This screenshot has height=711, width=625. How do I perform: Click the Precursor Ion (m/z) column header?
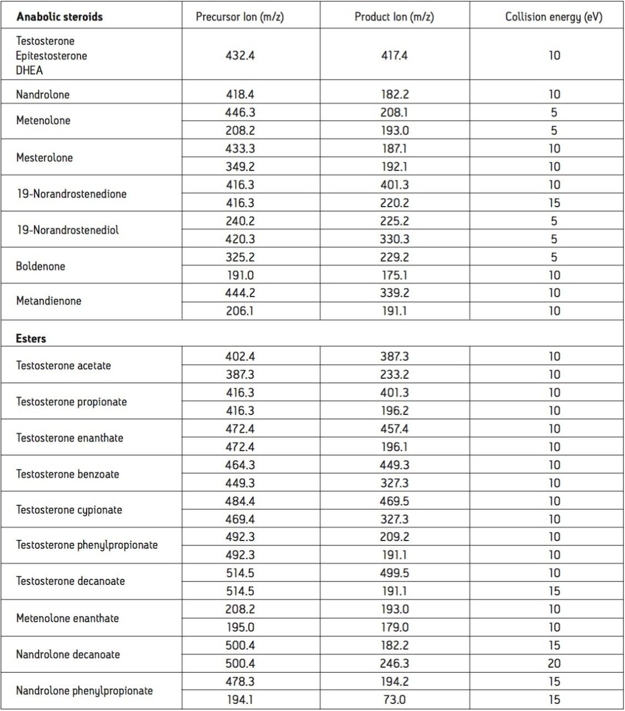[x=240, y=17]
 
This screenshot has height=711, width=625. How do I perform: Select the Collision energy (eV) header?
[x=553, y=17]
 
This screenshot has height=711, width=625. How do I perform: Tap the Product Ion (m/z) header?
[x=394, y=17]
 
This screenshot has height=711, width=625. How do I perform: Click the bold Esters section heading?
[x=31, y=339]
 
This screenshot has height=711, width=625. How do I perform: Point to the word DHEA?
[x=29, y=71]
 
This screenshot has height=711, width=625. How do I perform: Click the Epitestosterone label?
[x=51, y=56]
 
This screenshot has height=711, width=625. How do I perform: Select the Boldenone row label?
[x=41, y=266]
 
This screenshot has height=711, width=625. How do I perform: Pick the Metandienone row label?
[x=49, y=301]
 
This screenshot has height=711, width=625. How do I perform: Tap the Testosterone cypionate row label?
[x=69, y=510]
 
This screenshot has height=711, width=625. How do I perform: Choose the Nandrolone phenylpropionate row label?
[x=84, y=691]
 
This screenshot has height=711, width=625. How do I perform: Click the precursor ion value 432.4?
[x=240, y=56]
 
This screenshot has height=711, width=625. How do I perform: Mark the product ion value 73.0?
[x=394, y=700]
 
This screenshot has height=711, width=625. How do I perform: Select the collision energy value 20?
[x=554, y=663]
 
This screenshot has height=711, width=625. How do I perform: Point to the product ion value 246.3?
[x=394, y=663]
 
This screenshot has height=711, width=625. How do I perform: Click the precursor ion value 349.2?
[x=240, y=167]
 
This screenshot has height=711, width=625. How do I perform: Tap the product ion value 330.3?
[x=394, y=239]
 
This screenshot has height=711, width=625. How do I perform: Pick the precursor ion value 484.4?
[x=240, y=501]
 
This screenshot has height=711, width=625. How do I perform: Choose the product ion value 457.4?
[x=394, y=429]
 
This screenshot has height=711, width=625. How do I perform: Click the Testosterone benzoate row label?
[x=68, y=474]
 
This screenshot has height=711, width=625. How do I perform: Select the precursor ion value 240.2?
[x=240, y=221]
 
